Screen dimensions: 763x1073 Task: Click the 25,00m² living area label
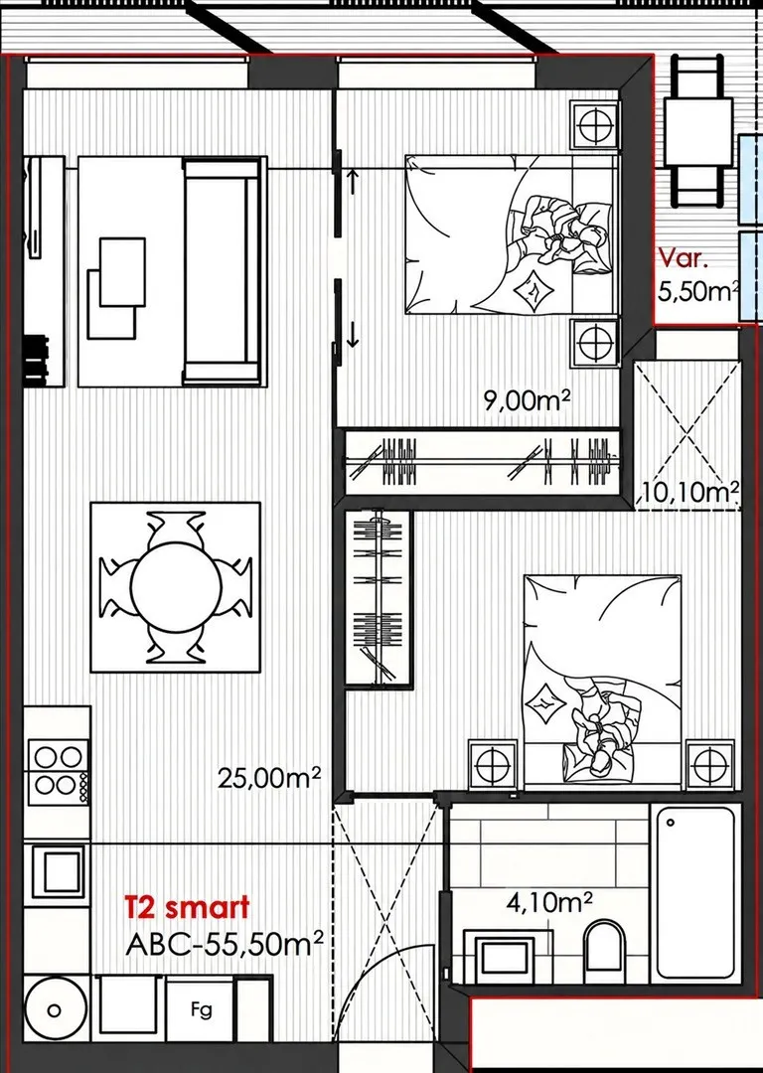click(269, 777)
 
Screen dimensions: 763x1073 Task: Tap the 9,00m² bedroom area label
click(527, 400)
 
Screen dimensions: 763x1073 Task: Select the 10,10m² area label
click(691, 491)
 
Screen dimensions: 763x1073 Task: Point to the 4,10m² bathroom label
click(548, 902)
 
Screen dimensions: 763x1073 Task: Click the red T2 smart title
click(187, 908)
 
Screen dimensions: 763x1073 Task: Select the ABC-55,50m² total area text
click(225, 945)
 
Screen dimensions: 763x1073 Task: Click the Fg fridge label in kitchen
click(202, 1008)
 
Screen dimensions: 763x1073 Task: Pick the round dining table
click(176, 587)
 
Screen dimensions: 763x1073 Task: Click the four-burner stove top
click(58, 770)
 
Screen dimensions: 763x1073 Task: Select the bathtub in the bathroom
click(695, 892)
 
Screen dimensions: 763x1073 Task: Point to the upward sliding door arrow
click(353, 182)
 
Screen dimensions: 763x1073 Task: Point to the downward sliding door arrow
click(353, 335)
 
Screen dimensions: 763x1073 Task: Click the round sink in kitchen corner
click(54, 1009)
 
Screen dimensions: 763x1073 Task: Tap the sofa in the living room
click(223, 271)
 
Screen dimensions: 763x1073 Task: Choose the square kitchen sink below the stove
click(58, 869)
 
